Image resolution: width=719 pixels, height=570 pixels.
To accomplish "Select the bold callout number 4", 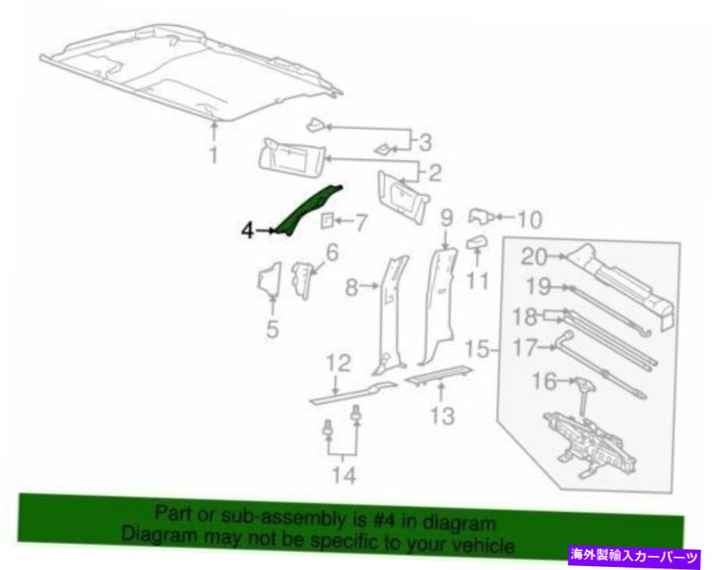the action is click(248, 230).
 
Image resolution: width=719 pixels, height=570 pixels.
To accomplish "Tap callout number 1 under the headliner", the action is click(213, 154).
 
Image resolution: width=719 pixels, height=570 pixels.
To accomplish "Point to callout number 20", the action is click(535, 257).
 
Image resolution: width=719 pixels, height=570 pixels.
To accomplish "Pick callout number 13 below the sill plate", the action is click(442, 416).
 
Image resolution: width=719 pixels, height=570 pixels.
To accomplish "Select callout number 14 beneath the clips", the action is click(344, 475).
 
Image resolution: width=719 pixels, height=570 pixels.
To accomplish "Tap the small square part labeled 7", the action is click(326, 220).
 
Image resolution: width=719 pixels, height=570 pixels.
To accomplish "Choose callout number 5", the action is click(273, 329).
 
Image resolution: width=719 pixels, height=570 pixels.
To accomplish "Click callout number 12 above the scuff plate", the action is click(338, 364).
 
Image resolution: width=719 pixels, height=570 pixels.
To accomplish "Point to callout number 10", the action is click(530, 220).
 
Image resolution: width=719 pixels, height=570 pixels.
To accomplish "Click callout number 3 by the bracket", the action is click(425, 142).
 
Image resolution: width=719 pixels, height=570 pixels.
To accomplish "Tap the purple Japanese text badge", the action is click(635, 557).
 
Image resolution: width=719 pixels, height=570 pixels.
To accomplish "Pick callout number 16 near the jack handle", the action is click(545, 381).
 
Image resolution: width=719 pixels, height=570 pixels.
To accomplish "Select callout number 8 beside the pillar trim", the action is click(351, 288).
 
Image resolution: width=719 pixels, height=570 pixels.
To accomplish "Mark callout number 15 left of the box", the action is click(478, 349).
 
